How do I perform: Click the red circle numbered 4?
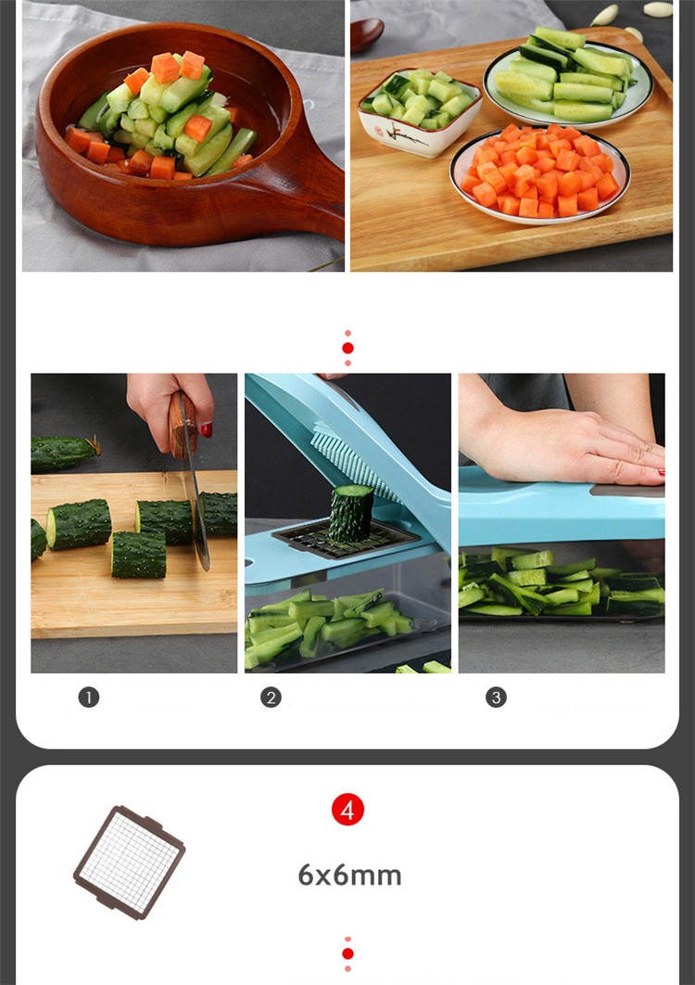click(347, 811)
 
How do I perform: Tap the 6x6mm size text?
click(349, 875)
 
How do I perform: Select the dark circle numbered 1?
click(89, 697)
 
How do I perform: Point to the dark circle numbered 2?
click(272, 697)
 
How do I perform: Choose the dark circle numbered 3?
click(496, 697)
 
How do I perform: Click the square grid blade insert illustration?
click(130, 863)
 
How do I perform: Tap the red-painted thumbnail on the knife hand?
click(206, 429)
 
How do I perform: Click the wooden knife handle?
click(182, 424)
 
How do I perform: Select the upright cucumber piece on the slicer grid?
click(350, 513)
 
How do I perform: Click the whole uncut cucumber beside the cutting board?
click(65, 454)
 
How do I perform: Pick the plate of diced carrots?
click(540, 173)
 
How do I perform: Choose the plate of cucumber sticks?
click(567, 79)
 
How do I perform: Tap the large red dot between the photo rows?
click(347, 348)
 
